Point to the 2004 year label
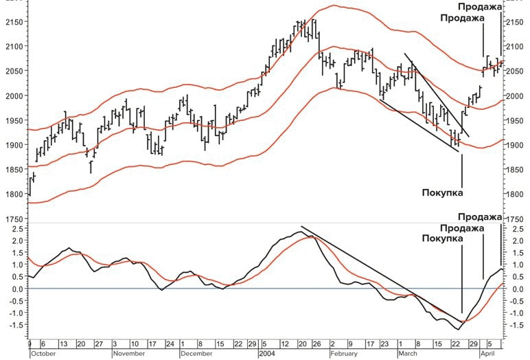(267, 354)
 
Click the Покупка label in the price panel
(442, 192)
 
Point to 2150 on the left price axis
(12, 22)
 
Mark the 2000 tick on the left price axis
(12, 95)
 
